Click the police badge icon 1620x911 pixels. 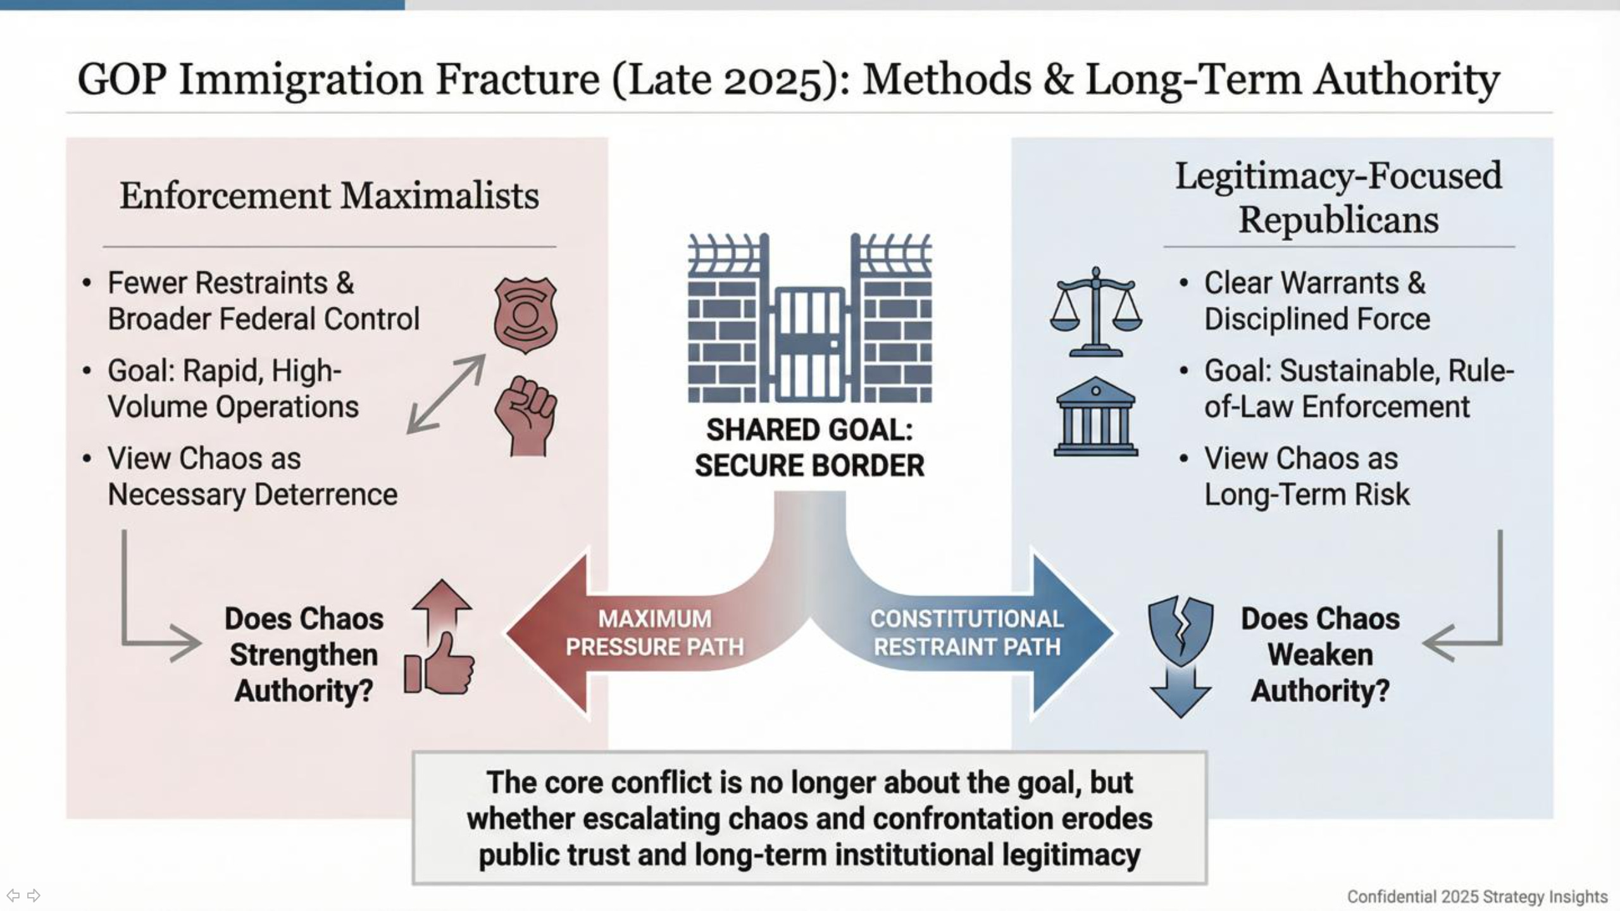pos(525,314)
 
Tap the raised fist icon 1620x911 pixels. pos(525,416)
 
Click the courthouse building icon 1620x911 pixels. pos(1095,417)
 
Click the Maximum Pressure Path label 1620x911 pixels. pos(654,633)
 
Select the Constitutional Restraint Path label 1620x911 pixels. pos(966,633)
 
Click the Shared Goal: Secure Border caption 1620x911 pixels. pos(809,448)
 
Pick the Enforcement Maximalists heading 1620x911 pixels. pos(329,195)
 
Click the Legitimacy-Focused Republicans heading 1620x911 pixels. pos(1338,197)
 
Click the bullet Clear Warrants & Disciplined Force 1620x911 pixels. pos(1316,301)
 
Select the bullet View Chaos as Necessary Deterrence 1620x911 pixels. pos(252,476)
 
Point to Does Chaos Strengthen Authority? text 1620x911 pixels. pos(304,654)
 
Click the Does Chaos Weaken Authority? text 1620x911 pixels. pos(1320,654)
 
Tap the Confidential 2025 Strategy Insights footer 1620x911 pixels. pos(1477,896)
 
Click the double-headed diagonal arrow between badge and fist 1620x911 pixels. pos(446,394)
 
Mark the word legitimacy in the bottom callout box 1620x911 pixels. pos(1071,855)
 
